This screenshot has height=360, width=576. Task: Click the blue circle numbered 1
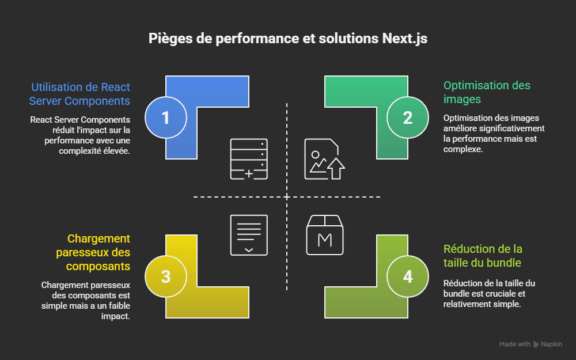click(165, 118)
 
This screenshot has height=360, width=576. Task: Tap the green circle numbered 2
click(407, 118)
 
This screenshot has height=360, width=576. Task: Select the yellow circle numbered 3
click(165, 276)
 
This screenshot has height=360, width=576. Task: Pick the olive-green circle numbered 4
click(407, 276)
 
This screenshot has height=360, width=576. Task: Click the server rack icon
click(249, 159)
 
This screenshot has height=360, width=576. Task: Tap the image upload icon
click(324, 159)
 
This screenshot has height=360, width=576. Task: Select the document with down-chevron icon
click(249, 234)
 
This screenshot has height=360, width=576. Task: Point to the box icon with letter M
click(324, 234)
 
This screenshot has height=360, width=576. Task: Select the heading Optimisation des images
click(487, 92)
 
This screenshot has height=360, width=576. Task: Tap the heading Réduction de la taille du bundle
click(483, 256)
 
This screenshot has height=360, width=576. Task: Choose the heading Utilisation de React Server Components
click(81, 94)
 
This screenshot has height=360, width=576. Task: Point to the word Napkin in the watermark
click(552, 344)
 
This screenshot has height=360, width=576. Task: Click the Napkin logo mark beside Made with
click(536, 344)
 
